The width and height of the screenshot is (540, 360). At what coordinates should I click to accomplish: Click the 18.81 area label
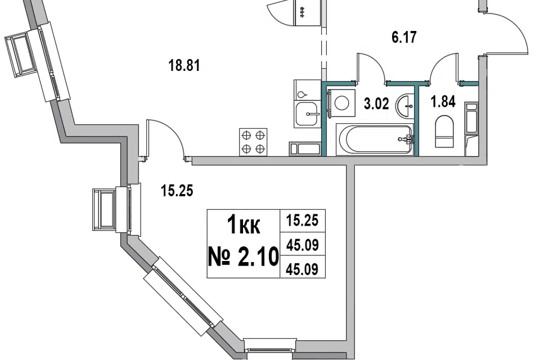click(184, 65)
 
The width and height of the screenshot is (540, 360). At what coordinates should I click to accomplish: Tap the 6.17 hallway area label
click(404, 37)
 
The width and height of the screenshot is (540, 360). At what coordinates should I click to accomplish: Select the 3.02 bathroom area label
click(376, 103)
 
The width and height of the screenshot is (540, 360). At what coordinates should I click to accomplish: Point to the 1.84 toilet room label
click(443, 102)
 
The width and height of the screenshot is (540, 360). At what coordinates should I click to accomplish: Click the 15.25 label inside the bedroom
click(177, 191)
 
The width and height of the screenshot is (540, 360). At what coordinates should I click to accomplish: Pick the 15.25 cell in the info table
click(303, 220)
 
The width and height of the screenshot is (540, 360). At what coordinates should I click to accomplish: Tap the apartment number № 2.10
click(243, 256)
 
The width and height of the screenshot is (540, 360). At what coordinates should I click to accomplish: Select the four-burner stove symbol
click(253, 142)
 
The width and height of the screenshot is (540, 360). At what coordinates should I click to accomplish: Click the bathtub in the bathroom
click(375, 139)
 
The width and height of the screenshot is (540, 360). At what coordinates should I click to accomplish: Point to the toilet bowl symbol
click(444, 132)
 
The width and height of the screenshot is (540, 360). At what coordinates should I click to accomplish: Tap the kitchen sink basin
click(308, 114)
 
